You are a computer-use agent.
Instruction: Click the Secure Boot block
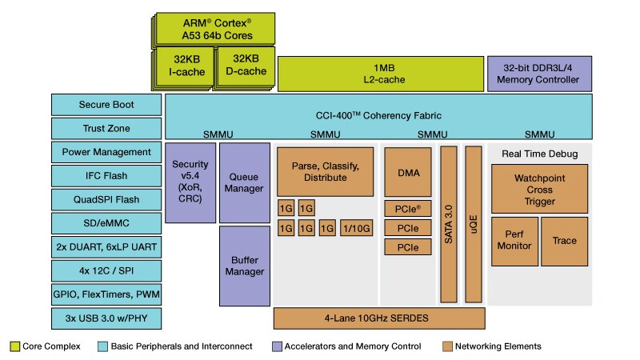pyautogui.click(x=106, y=105)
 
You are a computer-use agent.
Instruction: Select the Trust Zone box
pyautogui.click(x=106, y=129)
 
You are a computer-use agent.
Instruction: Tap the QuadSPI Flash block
pyautogui.click(x=106, y=199)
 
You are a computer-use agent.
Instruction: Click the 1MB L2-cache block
pyautogui.click(x=380, y=74)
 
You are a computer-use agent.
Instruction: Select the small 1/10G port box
pyautogui.click(x=356, y=229)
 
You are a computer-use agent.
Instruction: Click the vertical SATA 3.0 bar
pyautogui.click(x=449, y=224)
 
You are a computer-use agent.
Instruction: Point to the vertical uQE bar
pyautogui.click(x=474, y=224)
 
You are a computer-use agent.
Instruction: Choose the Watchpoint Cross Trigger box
pyautogui.click(x=540, y=188)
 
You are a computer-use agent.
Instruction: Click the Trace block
pyautogui.click(x=565, y=240)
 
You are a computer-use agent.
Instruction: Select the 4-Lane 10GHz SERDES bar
pyautogui.click(x=380, y=318)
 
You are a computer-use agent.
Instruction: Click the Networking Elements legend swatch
pyautogui.click(x=446, y=346)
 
